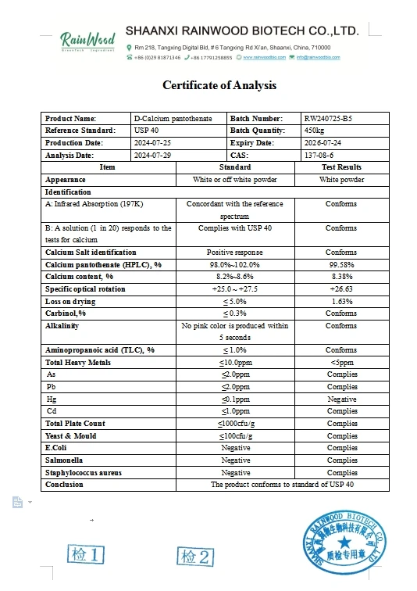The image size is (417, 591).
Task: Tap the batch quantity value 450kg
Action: point(314,131)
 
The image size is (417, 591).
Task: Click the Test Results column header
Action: point(341,167)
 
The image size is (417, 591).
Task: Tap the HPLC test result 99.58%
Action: point(342,265)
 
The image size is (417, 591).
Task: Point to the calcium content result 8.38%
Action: point(342,277)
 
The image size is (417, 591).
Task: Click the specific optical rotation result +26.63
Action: point(342,289)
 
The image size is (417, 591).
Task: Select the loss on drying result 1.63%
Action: point(342,301)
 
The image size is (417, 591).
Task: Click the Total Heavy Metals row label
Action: point(78,363)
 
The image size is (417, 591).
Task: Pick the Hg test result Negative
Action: point(342,399)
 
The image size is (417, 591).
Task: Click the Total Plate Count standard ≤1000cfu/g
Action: point(235,424)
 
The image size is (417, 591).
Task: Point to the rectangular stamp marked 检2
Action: point(195,556)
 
